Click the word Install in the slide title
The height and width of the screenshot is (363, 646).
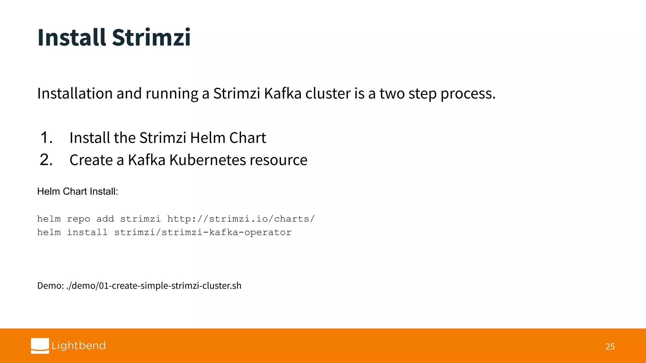pos(71,37)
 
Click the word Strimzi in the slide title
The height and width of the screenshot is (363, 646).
pos(151,37)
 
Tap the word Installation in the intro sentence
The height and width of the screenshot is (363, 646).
pos(75,94)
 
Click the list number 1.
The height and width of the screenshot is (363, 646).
pos(46,138)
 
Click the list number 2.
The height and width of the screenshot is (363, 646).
pos(46,160)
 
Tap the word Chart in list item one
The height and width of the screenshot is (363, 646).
pos(248,138)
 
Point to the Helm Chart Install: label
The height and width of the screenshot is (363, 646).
pos(78,192)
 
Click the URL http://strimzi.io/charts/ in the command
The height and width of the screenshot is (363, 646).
pos(241,219)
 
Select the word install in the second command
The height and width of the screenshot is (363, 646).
pos(87,233)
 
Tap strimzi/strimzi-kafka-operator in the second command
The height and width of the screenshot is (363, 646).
pos(203,233)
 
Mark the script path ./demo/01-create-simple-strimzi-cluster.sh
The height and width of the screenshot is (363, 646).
pos(154,286)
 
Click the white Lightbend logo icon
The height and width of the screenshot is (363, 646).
pos(40,346)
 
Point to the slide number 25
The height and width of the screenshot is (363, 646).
pos(610,347)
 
